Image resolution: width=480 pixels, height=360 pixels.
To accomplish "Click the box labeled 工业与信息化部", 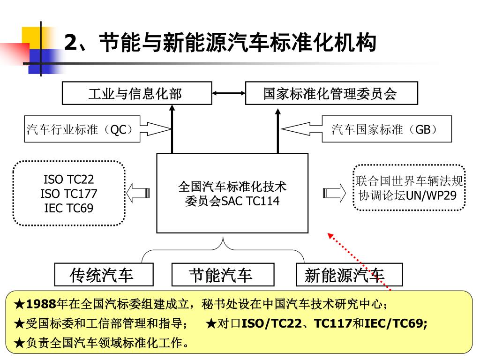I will click(x=135, y=93).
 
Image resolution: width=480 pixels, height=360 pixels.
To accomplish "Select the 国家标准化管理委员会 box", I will click(x=331, y=93).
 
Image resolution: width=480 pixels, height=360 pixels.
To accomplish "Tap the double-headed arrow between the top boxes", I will click(x=229, y=93).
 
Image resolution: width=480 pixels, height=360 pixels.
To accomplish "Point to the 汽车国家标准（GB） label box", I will click(x=386, y=129).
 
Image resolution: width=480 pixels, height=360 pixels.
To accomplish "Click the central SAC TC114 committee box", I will click(x=232, y=193).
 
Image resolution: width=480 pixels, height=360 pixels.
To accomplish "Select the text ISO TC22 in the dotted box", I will click(x=69, y=179).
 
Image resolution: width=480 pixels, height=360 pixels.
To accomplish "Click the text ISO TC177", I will click(x=69, y=194).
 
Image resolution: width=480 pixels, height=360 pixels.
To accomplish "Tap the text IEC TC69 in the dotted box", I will click(x=69, y=208).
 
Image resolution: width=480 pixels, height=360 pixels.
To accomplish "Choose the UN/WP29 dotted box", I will click(x=409, y=188).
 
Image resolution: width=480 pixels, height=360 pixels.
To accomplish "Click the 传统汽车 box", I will click(x=104, y=275).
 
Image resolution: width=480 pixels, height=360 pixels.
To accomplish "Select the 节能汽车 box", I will click(x=223, y=275).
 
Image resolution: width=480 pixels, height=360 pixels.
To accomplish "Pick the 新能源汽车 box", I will click(x=349, y=275).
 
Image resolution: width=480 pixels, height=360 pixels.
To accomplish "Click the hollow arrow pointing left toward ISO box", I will click(x=138, y=193).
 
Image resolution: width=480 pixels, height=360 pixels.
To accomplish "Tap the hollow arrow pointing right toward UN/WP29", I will click(x=334, y=193).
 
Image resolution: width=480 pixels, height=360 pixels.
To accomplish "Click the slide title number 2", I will click(x=70, y=43).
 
